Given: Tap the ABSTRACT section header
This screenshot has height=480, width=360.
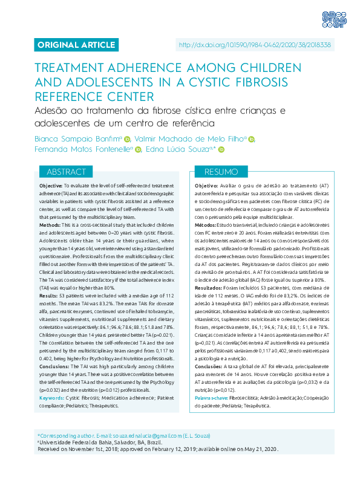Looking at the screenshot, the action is [66, 155].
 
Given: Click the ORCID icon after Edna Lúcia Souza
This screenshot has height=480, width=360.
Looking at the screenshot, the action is [221, 150].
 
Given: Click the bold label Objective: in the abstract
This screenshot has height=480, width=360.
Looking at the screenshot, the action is [50, 185].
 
